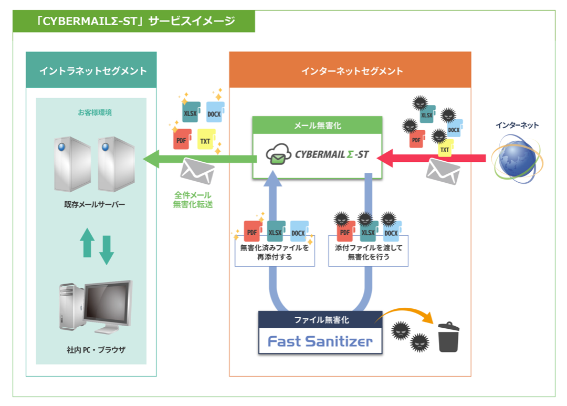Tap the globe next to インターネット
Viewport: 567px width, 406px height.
pos(517,159)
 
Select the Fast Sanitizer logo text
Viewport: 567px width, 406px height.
pos(320,341)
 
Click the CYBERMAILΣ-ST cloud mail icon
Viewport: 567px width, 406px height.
pos(278,154)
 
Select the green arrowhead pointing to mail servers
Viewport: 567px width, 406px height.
pos(151,159)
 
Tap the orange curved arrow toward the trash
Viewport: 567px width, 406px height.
pos(404,315)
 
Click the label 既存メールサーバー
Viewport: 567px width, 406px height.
pos(94,204)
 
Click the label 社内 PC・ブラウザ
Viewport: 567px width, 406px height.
pos(96,350)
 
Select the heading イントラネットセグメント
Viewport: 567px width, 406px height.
pos(93,70)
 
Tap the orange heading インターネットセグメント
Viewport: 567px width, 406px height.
pos(352,71)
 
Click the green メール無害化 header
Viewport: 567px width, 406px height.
pos(317,125)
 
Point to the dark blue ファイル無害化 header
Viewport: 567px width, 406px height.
pos(320,319)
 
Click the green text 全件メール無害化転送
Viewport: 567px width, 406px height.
pos(193,200)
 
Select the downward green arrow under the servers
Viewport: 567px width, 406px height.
pos(106,250)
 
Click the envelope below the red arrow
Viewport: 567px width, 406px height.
pos(443,172)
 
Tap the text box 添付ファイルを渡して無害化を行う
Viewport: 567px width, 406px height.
pos(368,251)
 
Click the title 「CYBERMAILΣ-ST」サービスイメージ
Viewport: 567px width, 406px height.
pos(135,21)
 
